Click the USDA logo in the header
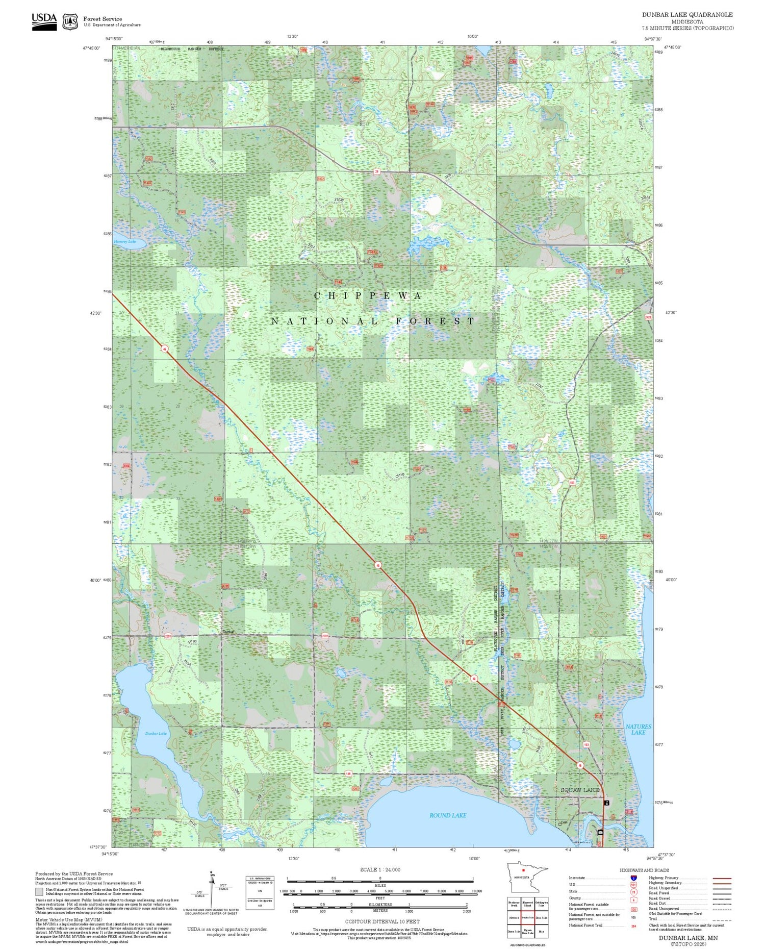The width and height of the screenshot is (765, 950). pos(44,21)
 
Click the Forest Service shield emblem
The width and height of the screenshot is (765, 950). pos(70,22)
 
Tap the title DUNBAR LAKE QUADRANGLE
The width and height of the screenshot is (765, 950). pos(687,15)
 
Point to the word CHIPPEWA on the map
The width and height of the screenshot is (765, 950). pos(368,296)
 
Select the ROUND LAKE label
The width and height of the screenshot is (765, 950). pos(447,815)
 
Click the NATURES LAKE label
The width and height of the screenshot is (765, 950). pos(638,729)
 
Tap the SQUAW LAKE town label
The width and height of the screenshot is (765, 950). pos(580,790)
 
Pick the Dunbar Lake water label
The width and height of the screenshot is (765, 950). pos(156,733)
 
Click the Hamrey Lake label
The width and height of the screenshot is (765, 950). pos(124,241)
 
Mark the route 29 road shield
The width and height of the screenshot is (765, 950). pos(376,172)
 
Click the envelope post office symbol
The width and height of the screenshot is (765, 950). pos(600,832)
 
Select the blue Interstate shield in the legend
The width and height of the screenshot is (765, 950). pos(633,878)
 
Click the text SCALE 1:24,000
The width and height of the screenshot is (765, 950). pos(380,869)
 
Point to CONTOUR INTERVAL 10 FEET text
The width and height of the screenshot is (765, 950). pos(382,921)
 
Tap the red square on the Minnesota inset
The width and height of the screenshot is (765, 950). pos(523,870)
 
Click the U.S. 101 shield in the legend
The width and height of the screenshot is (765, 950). pos(633,885)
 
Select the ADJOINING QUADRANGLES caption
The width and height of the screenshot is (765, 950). pos(527,945)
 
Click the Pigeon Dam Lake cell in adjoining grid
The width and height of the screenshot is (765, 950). pos(527,932)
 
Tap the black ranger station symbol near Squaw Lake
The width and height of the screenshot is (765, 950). pos(606,803)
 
